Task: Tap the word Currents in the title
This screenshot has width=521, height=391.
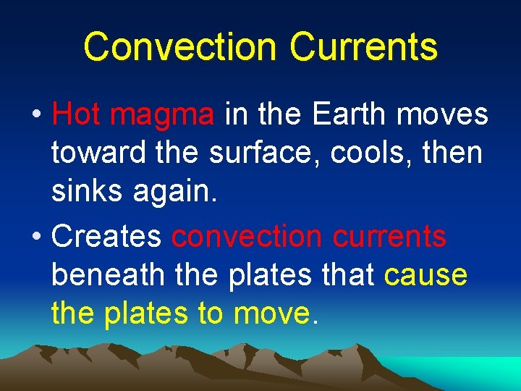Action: (x=364, y=46)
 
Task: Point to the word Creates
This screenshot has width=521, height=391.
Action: (x=108, y=236)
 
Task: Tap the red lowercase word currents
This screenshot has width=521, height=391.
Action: (x=395, y=236)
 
